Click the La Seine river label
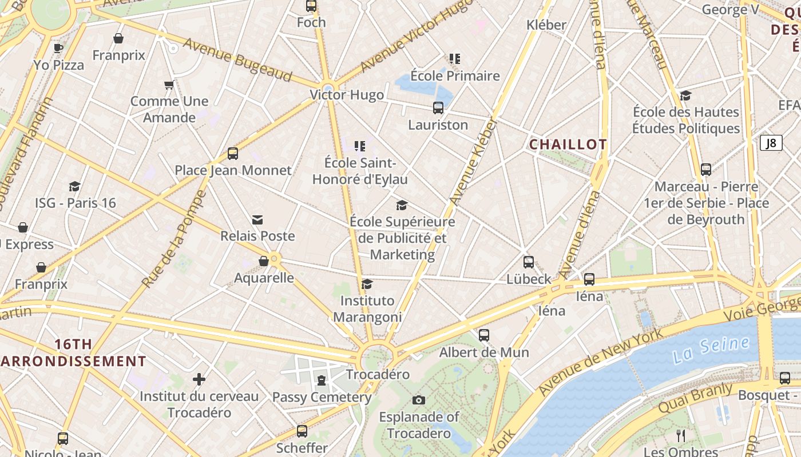(x=711, y=349)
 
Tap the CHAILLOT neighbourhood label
(x=568, y=145)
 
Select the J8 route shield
(x=771, y=143)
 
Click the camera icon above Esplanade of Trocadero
(x=419, y=400)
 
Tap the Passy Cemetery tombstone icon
(x=322, y=380)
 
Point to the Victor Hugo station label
(x=347, y=95)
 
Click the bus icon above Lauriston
(x=438, y=108)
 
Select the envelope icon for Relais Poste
(x=257, y=220)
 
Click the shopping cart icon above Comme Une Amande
(x=169, y=85)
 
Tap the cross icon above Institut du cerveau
(x=199, y=379)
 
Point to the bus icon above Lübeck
(x=529, y=262)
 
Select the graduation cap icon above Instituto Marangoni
(x=367, y=284)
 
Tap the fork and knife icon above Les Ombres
(x=680, y=436)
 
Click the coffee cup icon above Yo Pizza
(x=58, y=48)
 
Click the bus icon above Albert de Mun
(x=484, y=335)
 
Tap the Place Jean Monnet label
(x=233, y=170)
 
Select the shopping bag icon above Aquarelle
(x=264, y=261)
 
